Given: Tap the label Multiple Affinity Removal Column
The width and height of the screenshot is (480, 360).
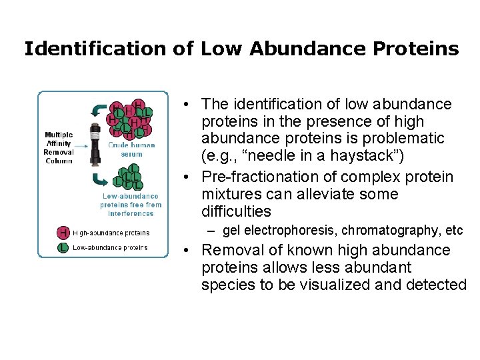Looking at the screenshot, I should pyautogui.click(x=59, y=143).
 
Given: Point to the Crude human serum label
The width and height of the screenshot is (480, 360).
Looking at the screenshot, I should pyautogui.click(x=131, y=149).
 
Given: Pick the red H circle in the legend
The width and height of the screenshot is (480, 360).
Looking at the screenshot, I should pyautogui.click(x=63, y=232).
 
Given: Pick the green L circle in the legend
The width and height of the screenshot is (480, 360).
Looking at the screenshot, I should pyautogui.click(x=63, y=247).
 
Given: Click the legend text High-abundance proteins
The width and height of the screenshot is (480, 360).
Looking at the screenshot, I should pyautogui.click(x=111, y=233).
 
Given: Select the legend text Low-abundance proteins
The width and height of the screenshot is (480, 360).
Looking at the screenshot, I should pyautogui.click(x=110, y=247).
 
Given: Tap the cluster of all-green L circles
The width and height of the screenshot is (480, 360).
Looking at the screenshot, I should pyautogui.click(x=128, y=177).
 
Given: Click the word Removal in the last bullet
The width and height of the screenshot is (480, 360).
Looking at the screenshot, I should pyautogui.click(x=229, y=250).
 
